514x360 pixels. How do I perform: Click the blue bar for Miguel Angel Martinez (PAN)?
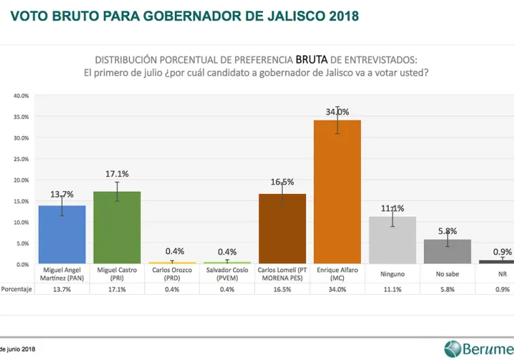coord(61,235)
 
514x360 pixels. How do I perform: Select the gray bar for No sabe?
coord(447,252)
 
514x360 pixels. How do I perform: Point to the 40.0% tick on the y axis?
coord(21,96)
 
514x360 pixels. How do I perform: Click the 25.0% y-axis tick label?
coord(21,159)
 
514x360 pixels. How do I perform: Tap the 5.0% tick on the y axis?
coord(22,243)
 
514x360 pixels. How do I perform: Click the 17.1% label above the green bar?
coord(117,174)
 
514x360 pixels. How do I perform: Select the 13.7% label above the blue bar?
coord(62,195)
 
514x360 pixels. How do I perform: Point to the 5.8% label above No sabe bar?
coord(448,231)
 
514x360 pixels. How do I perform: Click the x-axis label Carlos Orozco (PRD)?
coord(172,274)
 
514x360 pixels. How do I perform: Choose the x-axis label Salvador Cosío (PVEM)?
coord(227,274)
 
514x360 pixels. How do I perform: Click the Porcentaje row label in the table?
coord(16,289)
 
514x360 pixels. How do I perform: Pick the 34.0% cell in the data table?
coord(337,289)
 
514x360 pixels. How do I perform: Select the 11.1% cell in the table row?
coord(392,289)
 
